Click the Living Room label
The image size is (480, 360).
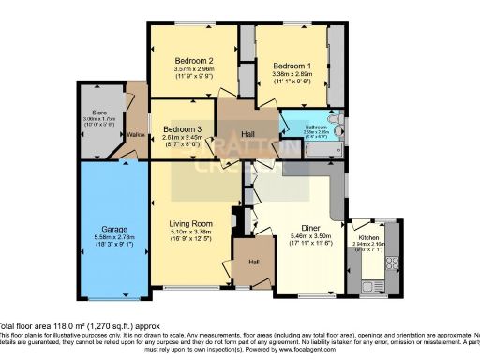click(191, 223)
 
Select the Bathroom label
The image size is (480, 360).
click(315, 127)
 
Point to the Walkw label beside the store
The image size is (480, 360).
click(136, 133)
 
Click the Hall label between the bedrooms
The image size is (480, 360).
click(249, 134)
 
